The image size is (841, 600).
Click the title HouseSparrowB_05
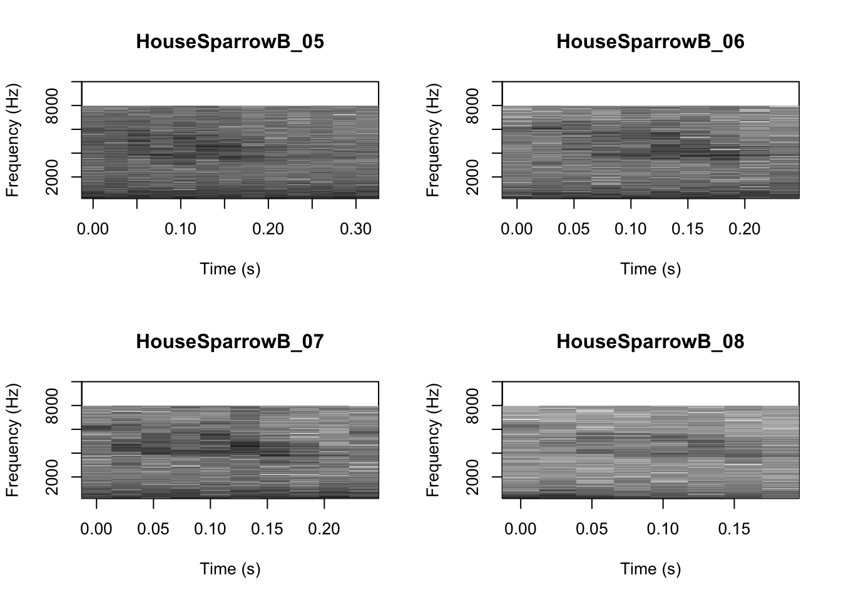(230, 42)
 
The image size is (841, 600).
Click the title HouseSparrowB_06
(650, 42)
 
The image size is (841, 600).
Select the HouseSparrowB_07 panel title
(230, 342)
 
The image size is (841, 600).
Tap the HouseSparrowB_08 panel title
(650, 342)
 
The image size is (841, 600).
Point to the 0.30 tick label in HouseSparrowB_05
(355, 229)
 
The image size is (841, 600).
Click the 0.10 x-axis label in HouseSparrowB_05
(180, 229)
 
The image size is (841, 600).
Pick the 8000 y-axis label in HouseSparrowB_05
(52, 106)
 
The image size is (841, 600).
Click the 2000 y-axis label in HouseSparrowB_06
(472, 177)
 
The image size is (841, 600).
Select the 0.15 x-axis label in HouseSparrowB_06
(687, 229)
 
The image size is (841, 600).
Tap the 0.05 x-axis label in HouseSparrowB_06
(573, 229)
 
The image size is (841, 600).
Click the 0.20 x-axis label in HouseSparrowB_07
(324, 529)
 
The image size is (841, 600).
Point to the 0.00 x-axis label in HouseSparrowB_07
(96, 529)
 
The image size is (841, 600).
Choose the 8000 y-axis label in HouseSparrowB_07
(52, 406)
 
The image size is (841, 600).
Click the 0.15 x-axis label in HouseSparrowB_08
(733, 529)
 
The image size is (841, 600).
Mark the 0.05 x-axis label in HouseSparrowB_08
(591, 529)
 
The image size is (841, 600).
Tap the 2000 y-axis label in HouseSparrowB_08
(472, 477)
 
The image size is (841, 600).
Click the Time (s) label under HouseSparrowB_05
(230, 269)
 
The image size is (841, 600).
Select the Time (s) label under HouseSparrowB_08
(650, 569)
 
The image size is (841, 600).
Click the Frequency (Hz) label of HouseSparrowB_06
(432, 139)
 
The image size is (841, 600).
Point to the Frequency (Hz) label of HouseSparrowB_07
(12, 439)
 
